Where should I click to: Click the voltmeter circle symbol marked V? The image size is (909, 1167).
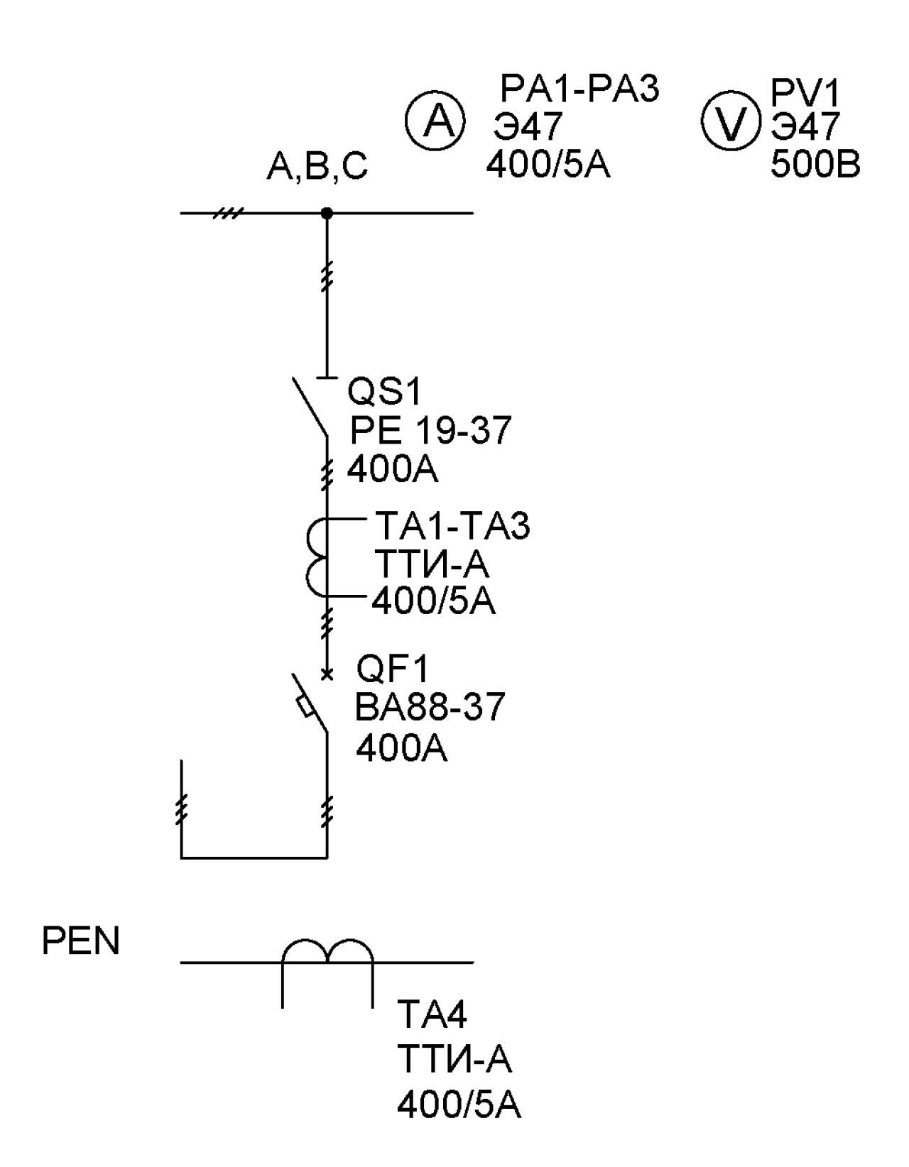tap(731, 121)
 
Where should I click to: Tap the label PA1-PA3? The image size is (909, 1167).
tap(579, 89)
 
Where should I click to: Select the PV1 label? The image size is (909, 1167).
tap(804, 93)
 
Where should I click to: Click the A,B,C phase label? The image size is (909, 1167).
tap(317, 167)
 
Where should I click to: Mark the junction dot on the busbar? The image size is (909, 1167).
tap(327, 213)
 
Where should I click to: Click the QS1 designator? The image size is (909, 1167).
tap(385, 392)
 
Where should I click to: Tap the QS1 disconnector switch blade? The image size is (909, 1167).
tap(310, 407)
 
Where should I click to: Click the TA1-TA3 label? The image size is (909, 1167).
tap(452, 525)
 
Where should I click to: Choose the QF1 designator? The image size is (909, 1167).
tap(393, 669)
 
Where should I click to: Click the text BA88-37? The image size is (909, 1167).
tap(430, 707)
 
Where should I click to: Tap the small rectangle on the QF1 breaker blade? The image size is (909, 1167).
tap(305, 706)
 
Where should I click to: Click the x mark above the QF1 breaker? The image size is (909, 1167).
tap(327, 674)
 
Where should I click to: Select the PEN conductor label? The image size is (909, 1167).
tap(80, 941)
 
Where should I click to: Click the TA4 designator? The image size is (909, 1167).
tap(432, 1014)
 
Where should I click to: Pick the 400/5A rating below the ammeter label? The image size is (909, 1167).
tap(548, 165)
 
